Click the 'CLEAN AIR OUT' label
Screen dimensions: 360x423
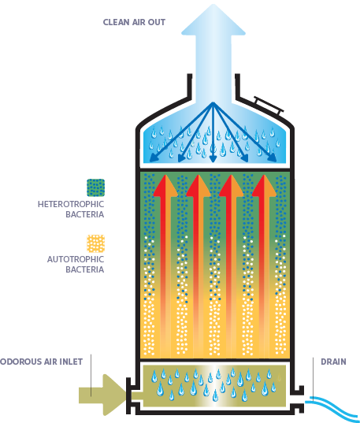click(x=134, y=22)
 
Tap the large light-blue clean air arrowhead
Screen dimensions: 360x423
click(x=213, y=20)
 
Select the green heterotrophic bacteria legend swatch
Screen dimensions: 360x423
click(x=96, y=187)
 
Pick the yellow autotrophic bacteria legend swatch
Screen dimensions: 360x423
click(x=96, y=243)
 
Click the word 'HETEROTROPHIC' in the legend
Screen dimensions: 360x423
click(x=71, y=204)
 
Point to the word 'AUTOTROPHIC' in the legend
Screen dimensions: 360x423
click(x=76, y=259)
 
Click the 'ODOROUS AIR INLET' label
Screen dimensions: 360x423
click(x=41, y=362)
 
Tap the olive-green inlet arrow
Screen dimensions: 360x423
click(x=102, y=395)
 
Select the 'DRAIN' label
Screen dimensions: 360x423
click(x=333, y=362)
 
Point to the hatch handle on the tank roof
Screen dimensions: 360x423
click(x=269, y=106)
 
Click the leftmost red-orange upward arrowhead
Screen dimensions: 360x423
click(x=165, y=186)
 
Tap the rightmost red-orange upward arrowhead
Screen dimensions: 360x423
click(x=264, y=186)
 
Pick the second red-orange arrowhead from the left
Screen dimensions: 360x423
click(x=199, y=186)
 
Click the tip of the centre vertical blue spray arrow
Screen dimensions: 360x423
click(x=213, y=162)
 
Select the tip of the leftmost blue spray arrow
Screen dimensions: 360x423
click(x=150, y=161)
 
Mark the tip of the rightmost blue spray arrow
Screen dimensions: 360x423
click(x=276, y=161)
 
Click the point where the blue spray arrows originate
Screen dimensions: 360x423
click(x=213, y=102)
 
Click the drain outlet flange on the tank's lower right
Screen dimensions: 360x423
click(x=297, y=399)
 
